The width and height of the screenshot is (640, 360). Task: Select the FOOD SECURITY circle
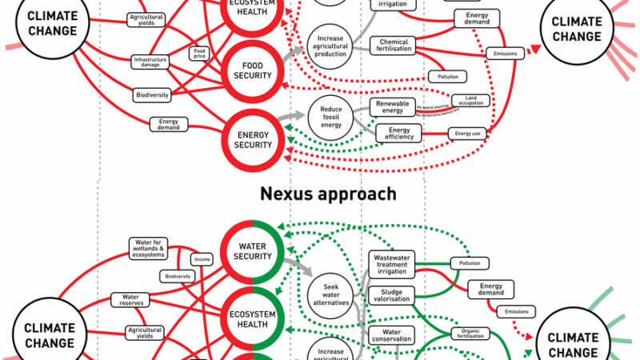click(252, 69)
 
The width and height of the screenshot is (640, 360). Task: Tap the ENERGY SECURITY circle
click(252, 139)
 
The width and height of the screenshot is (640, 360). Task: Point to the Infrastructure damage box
click(153, 61)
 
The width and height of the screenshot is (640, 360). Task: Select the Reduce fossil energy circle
click(331, 116)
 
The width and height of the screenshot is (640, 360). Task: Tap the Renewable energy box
click(393, 106)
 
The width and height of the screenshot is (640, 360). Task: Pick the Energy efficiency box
click(399, 134)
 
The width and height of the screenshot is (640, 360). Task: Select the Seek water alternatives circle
click(331, 294)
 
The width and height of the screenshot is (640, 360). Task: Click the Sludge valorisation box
click(392, 294)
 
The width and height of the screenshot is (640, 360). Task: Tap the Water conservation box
click(392, 334)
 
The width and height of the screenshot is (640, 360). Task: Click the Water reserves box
click(130, 299)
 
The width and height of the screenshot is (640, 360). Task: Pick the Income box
click(201, 259)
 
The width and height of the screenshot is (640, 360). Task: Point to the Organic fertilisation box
click(470, 333)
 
